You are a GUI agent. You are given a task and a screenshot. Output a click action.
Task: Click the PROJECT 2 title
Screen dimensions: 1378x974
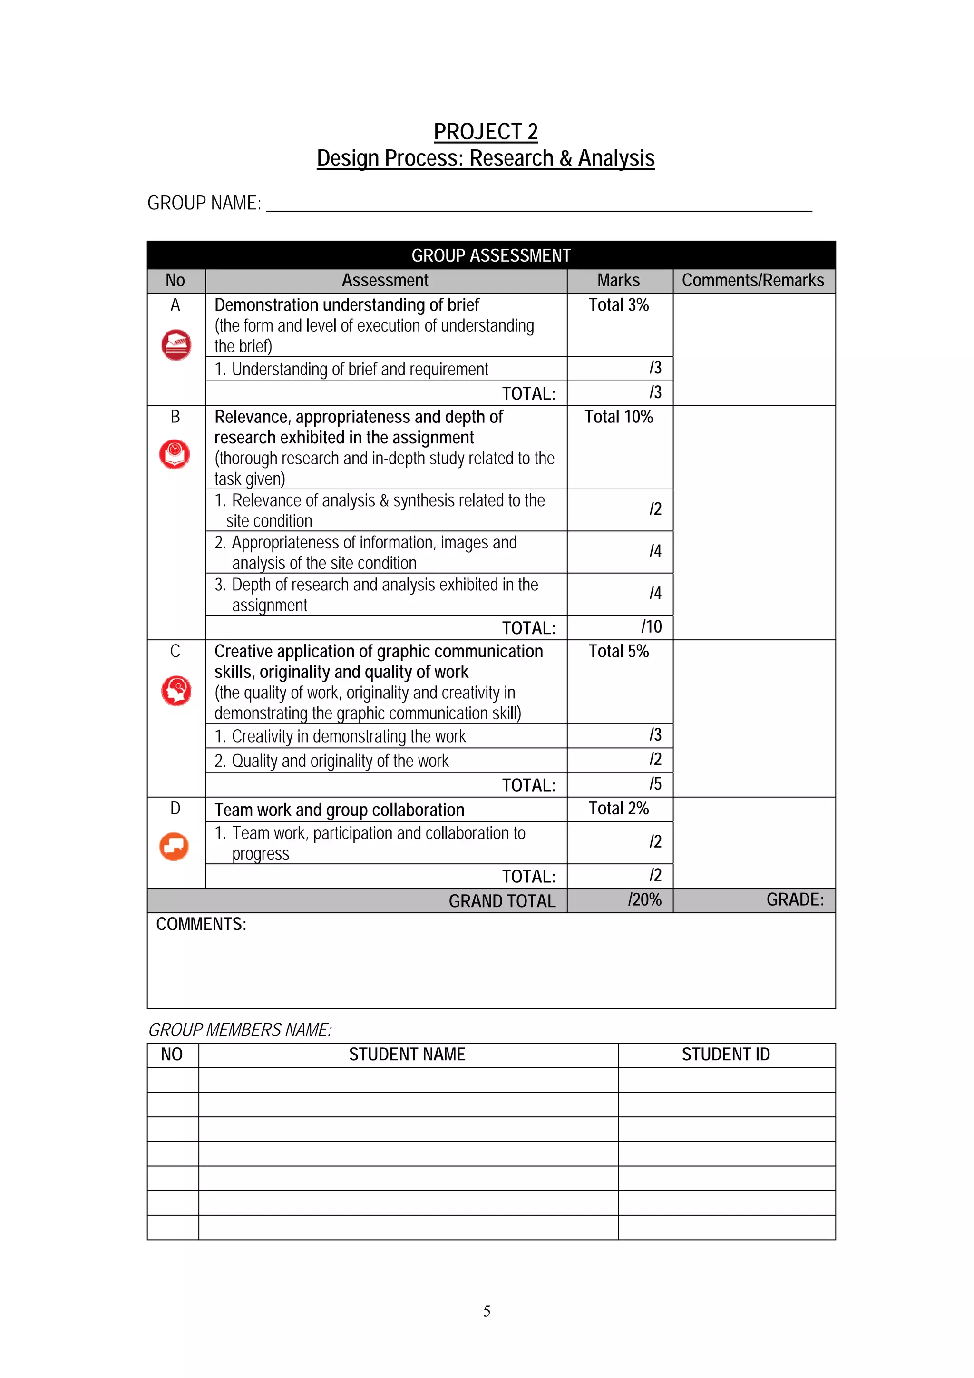[x=486, y=131]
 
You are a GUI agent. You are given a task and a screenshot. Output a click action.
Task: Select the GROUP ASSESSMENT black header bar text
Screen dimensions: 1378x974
[x=490, y=256]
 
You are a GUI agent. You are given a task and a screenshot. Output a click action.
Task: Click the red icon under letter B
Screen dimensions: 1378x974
[x=175, y=454]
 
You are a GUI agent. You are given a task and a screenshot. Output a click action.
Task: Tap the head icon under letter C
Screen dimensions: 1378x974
[x=176, y=690]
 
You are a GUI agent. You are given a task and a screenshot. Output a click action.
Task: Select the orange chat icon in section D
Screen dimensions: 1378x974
[x=174, y=846]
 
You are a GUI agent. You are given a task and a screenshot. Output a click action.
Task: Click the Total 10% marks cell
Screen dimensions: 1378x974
[x=618, y=417]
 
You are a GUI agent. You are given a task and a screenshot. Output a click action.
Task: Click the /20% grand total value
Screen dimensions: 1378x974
[x=644, y=899]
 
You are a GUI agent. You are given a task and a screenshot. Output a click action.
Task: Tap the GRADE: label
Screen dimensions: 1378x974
[x=795, y=899]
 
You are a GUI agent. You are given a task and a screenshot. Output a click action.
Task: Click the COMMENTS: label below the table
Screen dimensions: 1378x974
[x=201, y=924]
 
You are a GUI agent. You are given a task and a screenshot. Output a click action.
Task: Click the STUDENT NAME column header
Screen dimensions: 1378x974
[x=407, y=1055]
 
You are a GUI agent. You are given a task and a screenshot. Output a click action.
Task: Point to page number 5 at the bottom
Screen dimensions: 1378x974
[x=487, y=1311]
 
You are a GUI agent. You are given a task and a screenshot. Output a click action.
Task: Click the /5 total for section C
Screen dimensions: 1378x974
[x=655, y=784]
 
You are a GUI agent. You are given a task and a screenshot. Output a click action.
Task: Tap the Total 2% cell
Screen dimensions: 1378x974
[x=618, y=809]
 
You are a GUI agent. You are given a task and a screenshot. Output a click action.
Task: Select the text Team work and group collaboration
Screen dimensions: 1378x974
[x=339, y=810]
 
